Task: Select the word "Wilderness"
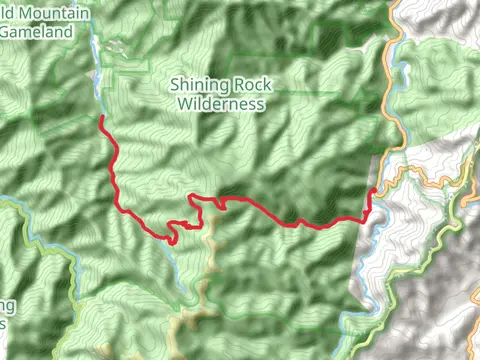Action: (x=220, y=103)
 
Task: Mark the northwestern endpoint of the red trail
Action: (x=101, y=118)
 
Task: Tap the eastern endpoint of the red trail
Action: (x=374, y=189)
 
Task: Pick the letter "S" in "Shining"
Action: (x=176, y=86)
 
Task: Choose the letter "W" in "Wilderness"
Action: (x=183, y=103)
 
